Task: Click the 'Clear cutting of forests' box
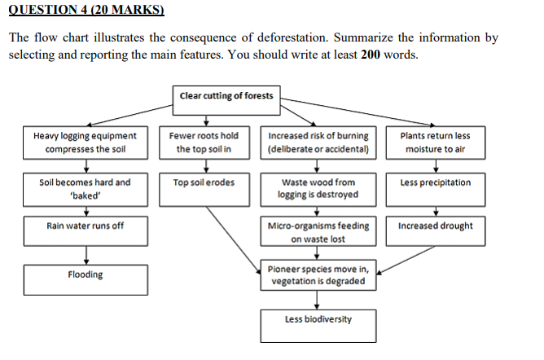(x=226, y=96)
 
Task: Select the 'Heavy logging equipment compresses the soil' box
(x=86, y=143)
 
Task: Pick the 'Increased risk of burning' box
(x=318, y=143)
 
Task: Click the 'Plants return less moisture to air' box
(x=436, y=143)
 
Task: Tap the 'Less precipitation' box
(x=436, y=183)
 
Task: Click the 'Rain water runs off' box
(x=86, y=226)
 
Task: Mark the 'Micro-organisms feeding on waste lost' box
(x=318, y=232)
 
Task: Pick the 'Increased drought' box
(x=436, y=226)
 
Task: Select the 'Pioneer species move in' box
(x=318, y=275)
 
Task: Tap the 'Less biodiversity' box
(x=318, y=320)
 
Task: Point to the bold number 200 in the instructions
(x=373, y=54)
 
